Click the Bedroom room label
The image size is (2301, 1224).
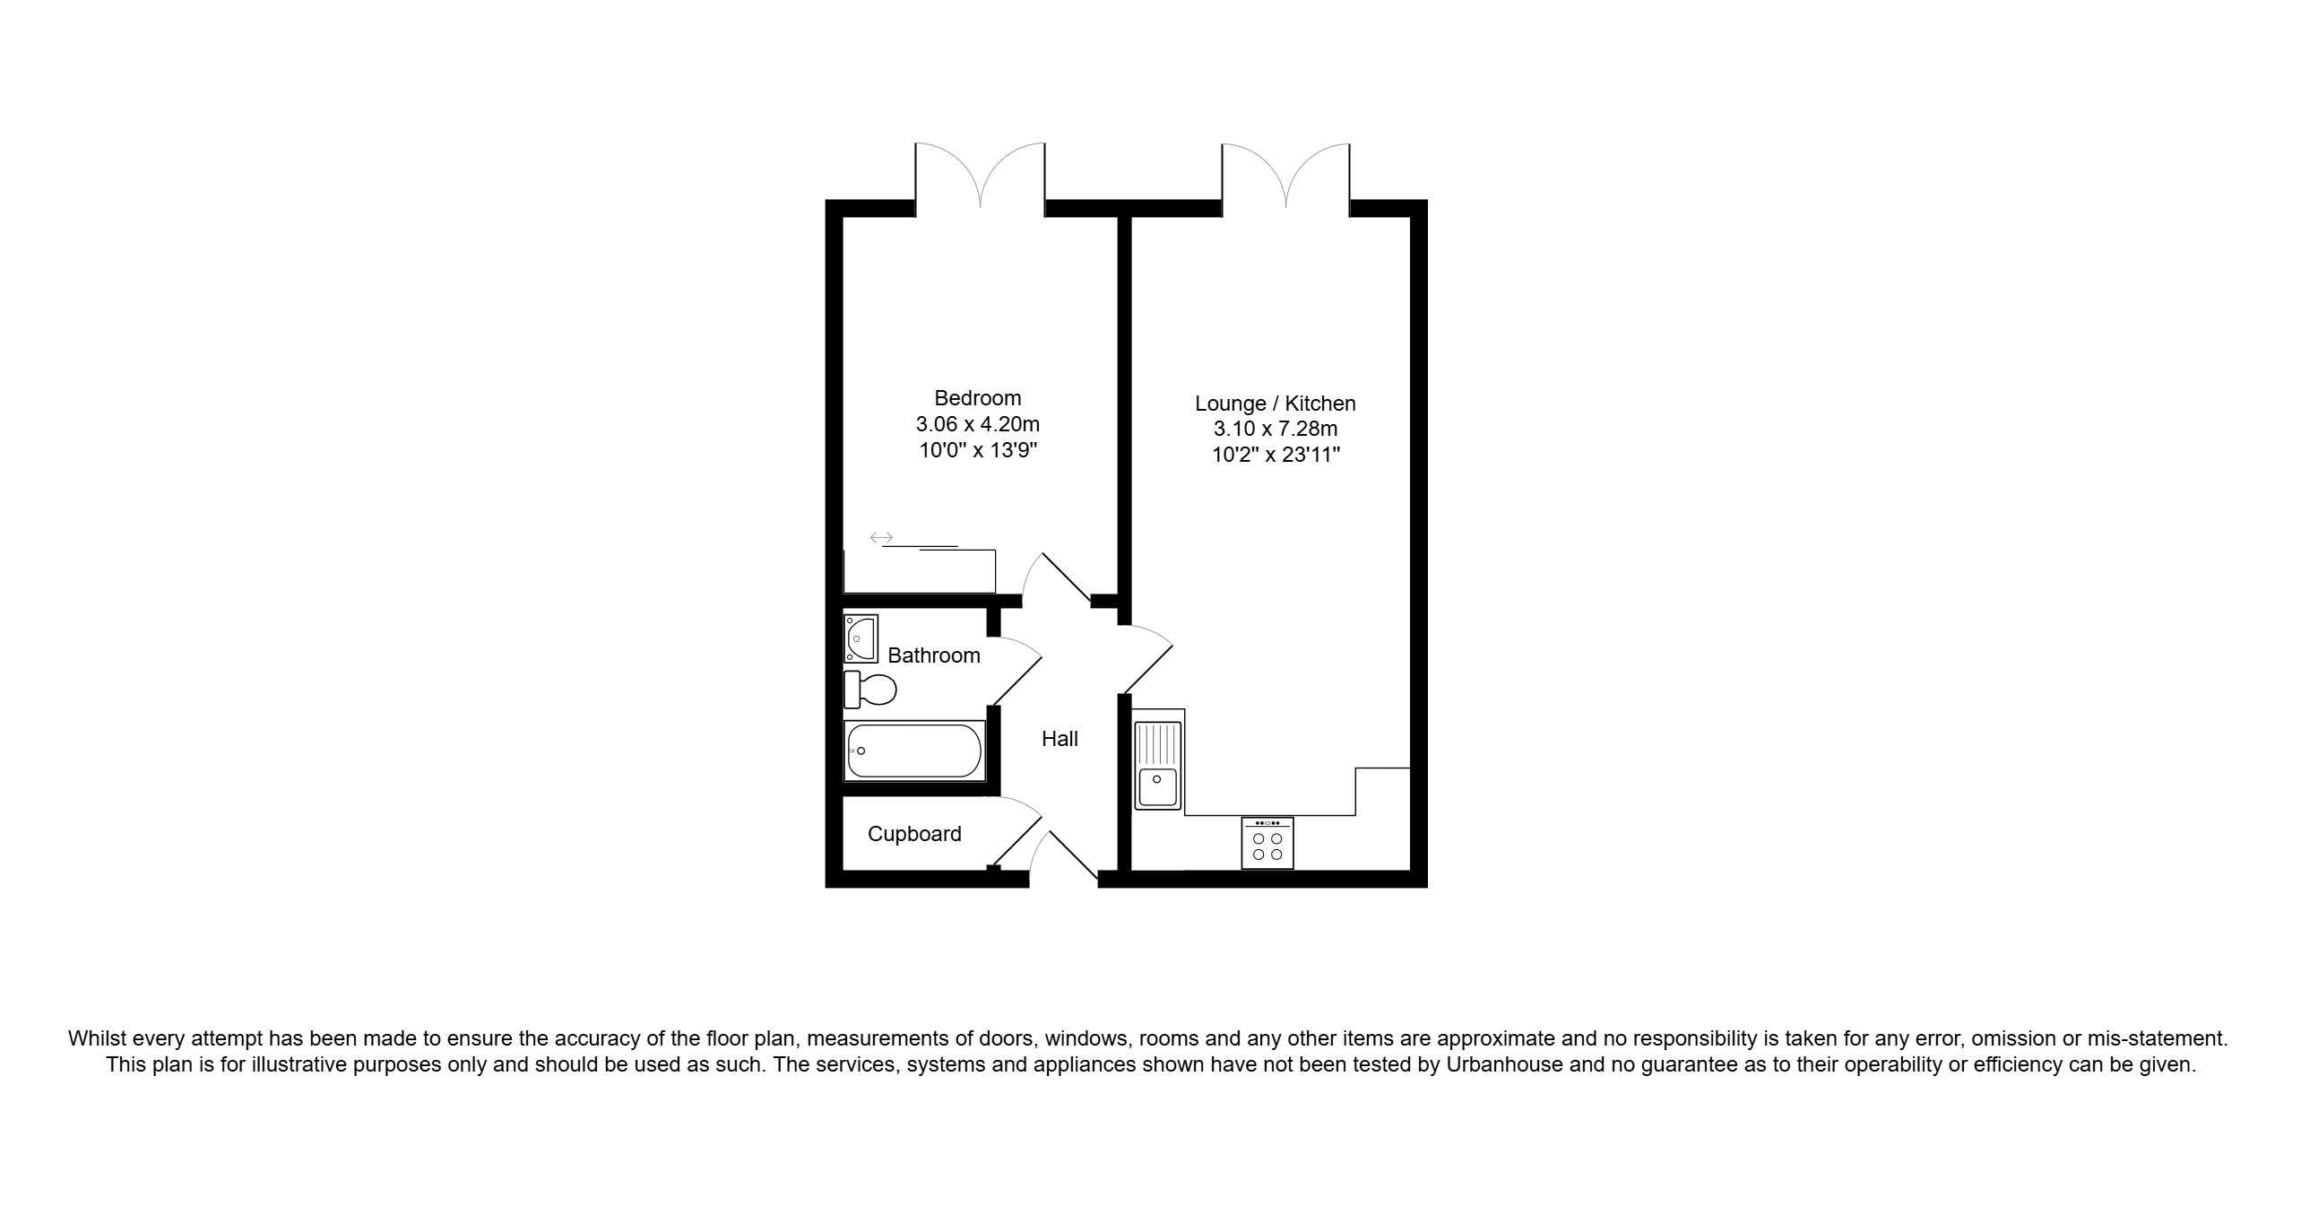[x=977, y=398]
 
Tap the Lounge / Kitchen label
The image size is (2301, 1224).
[x=1276, y=404]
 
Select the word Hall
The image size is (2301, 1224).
[x=1060, y=739]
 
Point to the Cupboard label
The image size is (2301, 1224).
[x=914, y=834]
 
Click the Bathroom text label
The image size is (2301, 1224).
[x=934, y=655]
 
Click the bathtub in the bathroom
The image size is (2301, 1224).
[x=914, y=751]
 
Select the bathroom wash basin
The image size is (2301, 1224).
[x=861, y=638]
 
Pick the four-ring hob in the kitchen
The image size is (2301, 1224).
[x=1267, y=843]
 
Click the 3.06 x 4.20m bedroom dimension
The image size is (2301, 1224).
[x=977, y=424]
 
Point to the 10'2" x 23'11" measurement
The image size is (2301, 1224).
[x=1276, y=455]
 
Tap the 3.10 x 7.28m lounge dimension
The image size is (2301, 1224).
[x=1276, y=430]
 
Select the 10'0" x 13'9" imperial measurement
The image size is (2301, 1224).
[x=977, y=449]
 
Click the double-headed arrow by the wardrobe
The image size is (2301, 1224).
[x=881, y=538]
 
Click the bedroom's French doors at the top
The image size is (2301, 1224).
[x=980, y=176]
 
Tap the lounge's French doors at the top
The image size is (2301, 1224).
[x=1286, y=176]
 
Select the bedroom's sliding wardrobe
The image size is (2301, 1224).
[x=920, y=570]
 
